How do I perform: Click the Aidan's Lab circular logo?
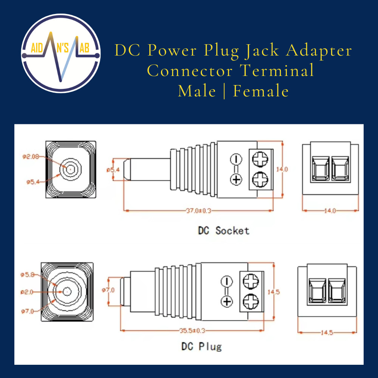[x=60, y=53]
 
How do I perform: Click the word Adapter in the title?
[x=319, y=50]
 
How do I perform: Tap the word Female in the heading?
[x=261, y=91]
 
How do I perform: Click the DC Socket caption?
[x=224, y=230]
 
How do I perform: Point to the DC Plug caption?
[x=201, y=346]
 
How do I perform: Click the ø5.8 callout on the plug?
[x=28, y=275]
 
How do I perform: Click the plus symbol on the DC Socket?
[x=236, y=179]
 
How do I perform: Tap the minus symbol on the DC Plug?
[x=226, y=281]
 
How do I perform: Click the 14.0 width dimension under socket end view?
[x=330, y=211]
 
